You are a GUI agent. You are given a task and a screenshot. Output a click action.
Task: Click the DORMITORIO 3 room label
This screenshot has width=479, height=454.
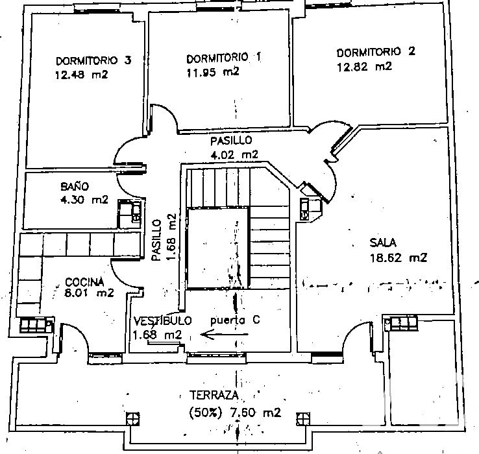pos(93,60)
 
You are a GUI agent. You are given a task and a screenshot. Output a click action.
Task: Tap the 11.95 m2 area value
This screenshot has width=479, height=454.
pos(213,72)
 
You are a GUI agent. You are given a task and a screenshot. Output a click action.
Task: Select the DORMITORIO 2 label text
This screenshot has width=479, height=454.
pos(376,52)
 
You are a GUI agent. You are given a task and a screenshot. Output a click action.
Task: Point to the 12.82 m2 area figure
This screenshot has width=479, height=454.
pos(364,67)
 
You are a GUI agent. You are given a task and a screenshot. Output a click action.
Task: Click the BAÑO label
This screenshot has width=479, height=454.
pos(75,186)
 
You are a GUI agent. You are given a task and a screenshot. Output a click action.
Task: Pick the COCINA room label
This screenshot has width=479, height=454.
pos(84,281)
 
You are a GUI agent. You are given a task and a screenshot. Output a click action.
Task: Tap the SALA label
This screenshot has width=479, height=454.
pos(383,243)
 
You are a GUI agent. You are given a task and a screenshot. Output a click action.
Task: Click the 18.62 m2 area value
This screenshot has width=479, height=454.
pos(399,258)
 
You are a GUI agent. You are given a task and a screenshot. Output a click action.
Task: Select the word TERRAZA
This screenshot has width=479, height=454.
pos(214,395)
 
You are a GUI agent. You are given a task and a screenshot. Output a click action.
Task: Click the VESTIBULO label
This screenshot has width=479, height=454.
pos(162,320)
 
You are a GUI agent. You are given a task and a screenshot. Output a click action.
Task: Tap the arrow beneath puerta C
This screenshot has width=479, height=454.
pos(225,335)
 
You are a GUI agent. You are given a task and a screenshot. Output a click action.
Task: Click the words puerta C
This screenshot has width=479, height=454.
pos(235,320)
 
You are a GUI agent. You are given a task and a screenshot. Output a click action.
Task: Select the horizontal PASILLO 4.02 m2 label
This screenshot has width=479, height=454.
pos(234,147)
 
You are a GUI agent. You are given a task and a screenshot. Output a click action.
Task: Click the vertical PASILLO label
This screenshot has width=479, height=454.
pos(156,240)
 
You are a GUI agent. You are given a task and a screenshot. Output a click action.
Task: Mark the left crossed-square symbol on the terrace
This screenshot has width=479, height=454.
pos(133,418)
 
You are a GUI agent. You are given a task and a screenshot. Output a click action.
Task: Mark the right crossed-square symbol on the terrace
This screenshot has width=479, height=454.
pos(302,418)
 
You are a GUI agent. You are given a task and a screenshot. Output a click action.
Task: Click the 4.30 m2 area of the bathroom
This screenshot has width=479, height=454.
pos(84,200)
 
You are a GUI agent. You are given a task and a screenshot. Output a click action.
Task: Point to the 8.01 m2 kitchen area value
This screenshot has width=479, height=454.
pos(89,293)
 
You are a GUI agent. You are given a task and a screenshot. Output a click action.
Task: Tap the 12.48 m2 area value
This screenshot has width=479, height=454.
pos(82,75)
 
